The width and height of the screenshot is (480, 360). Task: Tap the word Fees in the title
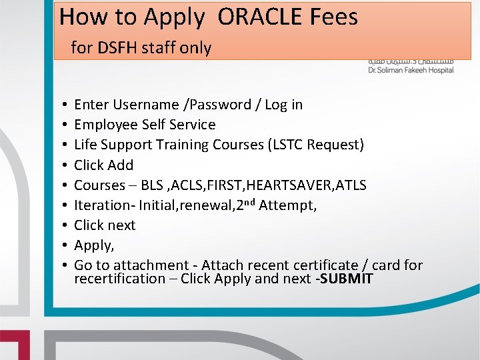[x=333, y=17]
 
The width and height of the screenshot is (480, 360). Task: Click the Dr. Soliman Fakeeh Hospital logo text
[x=411, y=70]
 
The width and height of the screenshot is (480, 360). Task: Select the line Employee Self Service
[x=145, y=125]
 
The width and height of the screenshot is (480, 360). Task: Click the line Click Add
[x=103, y=165]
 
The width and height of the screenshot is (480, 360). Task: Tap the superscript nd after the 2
[x=248, y=201]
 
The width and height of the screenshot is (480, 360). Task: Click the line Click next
[x=105, y=225]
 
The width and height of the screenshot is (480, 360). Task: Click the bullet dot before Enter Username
[x=61, y=105]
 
